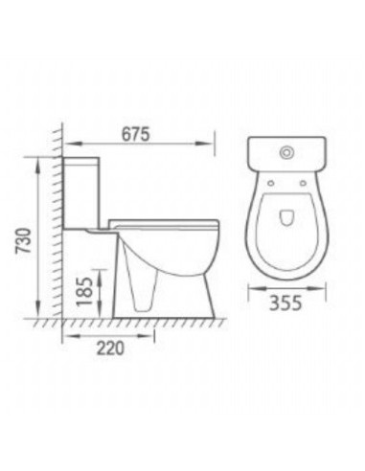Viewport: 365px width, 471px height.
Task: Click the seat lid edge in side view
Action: click(165, 222)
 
